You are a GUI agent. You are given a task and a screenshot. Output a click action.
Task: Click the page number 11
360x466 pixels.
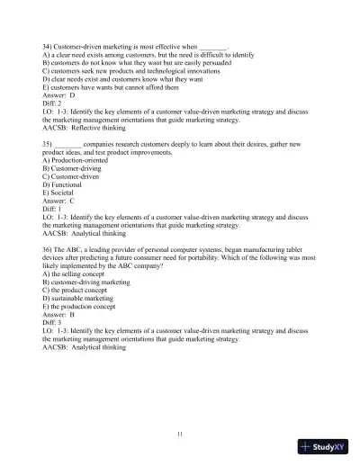[180, 435]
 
